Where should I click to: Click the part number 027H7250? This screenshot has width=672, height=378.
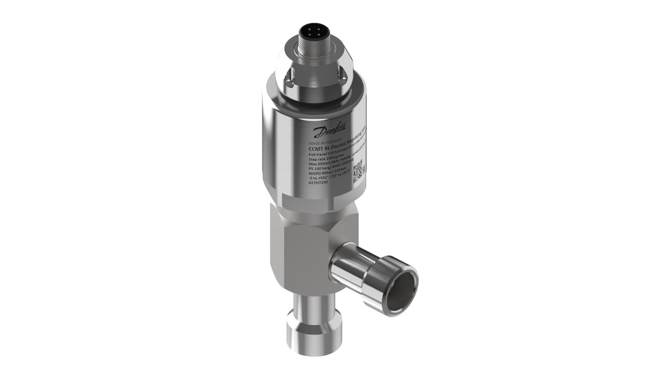click(x=318, y=192)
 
